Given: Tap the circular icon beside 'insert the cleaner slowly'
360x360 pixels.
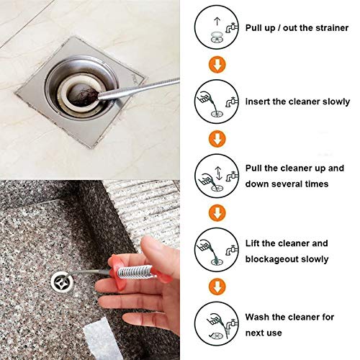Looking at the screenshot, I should (214, 102).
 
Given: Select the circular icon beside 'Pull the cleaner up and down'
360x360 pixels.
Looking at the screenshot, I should (214, 176).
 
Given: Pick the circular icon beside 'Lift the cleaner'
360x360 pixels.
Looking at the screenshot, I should (214, 251).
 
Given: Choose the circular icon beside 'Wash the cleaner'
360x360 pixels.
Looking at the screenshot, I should (214, 324).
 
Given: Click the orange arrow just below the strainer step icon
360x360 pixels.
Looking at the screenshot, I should (214, 65).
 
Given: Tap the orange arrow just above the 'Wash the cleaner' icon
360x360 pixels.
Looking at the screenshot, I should (214, 287).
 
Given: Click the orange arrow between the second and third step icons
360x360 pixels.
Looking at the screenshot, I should (214, 138).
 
